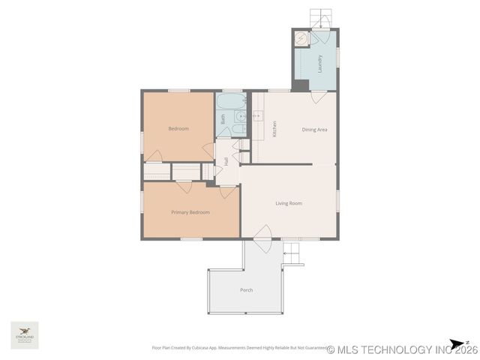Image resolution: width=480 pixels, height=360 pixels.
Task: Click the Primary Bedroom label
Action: coord(190,212)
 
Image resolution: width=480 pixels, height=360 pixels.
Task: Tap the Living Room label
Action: coord(288,203)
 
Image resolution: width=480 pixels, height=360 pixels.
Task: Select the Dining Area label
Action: coord(314,130)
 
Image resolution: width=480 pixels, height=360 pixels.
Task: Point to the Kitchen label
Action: coord(275,129)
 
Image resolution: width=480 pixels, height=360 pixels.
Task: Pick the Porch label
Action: coord(246,289)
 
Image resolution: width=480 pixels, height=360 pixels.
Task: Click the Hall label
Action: coord(226,161)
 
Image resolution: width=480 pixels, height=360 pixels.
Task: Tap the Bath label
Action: coord(223,118)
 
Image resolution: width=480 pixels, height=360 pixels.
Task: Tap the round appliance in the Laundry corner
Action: coord(301,38)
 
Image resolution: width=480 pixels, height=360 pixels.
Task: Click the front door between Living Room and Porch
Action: coord(262,244)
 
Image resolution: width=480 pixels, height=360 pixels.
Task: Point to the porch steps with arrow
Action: coord(293,255)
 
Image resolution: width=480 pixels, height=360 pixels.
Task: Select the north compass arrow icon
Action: coord(454,343)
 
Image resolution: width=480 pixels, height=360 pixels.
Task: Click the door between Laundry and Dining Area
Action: coord(319,96)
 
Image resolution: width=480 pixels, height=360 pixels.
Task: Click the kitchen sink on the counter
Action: coord(257,116)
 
